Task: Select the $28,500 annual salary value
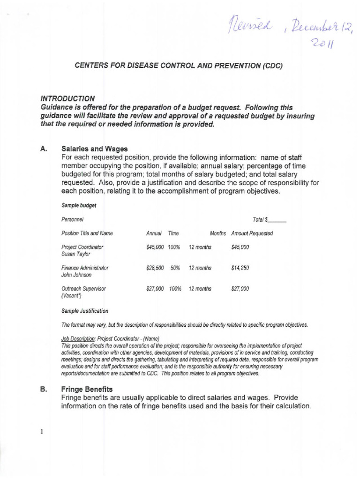tap(155, 268)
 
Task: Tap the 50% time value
tap(175, 268)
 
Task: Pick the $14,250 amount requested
tap(240, 268)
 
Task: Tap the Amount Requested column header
tap(252, 233)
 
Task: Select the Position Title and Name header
tap(87, 233)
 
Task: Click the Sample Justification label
tap(85, 311)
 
